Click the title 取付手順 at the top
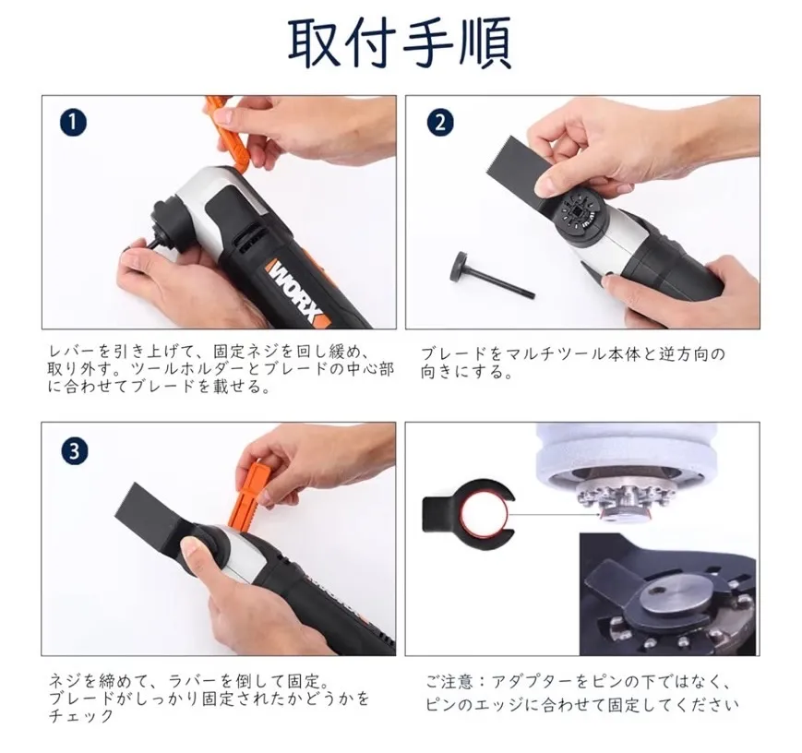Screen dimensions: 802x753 coord(400,43)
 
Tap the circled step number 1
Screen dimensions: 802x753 coord(73,123)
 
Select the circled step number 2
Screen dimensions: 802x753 coord(440,123)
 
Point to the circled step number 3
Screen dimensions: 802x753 coord(74,451)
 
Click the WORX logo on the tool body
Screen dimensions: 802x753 coord(296,292)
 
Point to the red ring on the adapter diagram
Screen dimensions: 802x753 coord(485,514)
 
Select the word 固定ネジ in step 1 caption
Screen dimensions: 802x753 coord(246,352)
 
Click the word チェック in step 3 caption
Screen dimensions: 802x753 coord(81,716)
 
